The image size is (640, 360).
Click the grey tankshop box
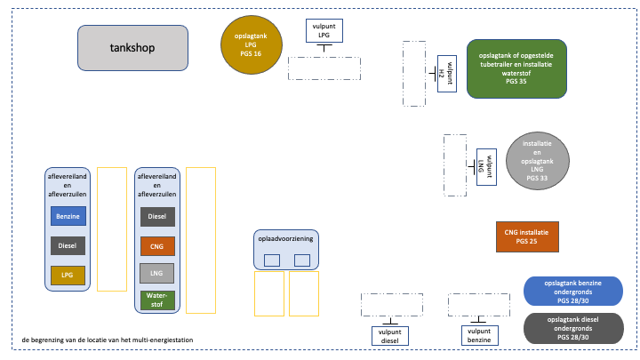tap(132, 48)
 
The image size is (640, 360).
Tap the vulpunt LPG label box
tap(324, 30)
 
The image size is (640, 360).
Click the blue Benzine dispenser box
tap(68, 216)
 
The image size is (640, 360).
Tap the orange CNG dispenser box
tap(157, 246)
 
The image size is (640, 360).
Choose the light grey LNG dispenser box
tap(157, 273)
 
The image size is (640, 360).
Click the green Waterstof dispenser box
tap(157, 299)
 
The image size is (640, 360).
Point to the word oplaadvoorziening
tap(286, 239)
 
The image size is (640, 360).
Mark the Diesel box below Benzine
tap(68, 246)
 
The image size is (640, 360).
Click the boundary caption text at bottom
tap(108, 340)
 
